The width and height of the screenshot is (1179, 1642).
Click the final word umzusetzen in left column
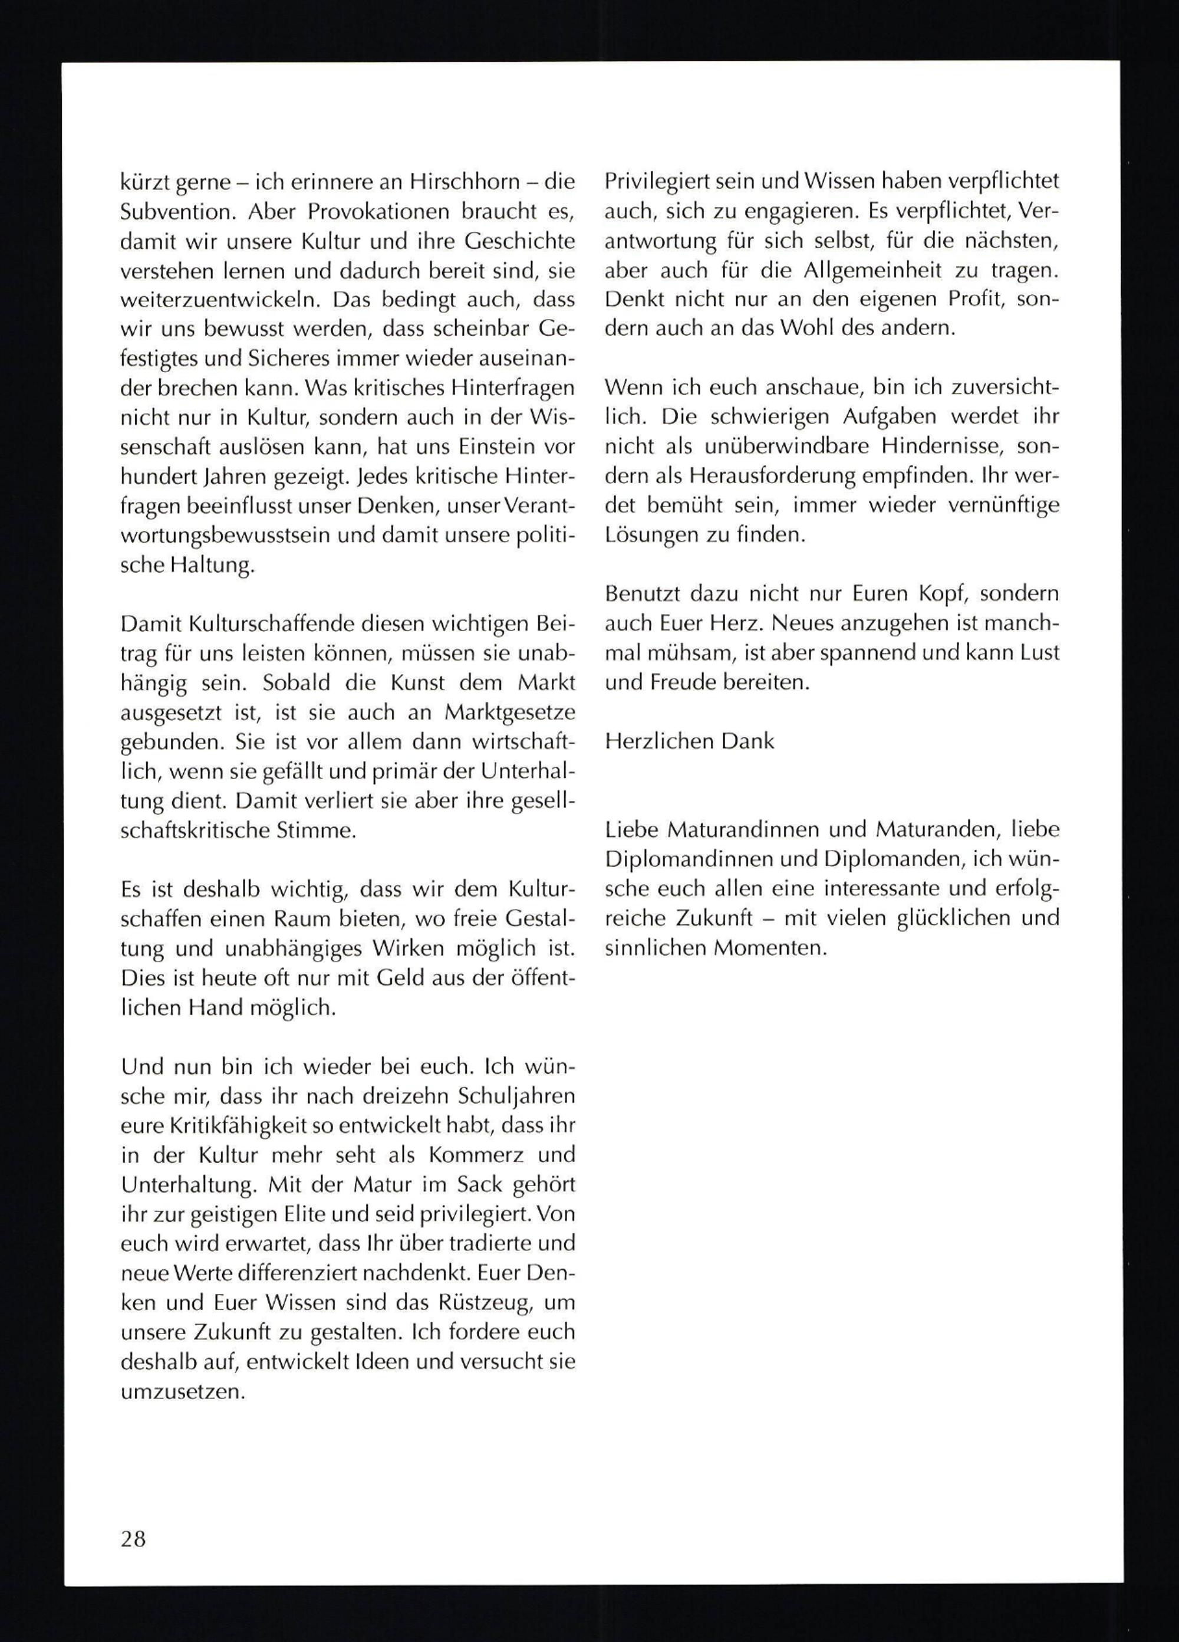tap(183, 1391)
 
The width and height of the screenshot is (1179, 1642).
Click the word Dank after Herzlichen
tap(748, 741)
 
